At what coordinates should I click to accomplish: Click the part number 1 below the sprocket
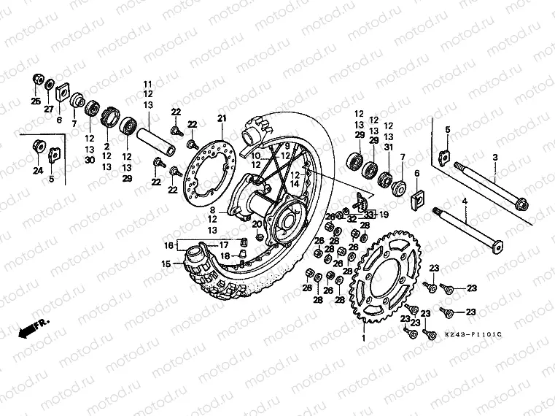[x=362, y=338]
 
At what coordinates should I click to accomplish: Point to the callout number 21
[x=222, y=119]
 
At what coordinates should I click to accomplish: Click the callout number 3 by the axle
[x=494, y=157]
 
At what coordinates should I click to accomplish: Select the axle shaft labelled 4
[x=467, y=228]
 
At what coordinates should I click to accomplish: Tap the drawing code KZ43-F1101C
[x=473, y=334]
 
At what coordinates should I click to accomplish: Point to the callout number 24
[x=37, y=171]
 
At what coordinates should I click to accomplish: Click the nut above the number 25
[x=38, y=80]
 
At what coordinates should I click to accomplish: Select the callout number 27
[x=50, y=109]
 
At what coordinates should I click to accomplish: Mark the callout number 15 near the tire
[x=166, y=263]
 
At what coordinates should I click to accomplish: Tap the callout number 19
[x=384, y=215]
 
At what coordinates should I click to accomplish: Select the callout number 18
[x=226, y=255]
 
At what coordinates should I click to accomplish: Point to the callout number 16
[x=168, y=245]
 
